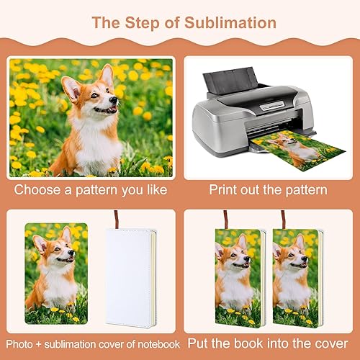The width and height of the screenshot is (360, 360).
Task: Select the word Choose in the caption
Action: pyautogui.click(x=40, y=191)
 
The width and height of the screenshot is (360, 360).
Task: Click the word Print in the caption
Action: pyautogui.click(x=223, y=191)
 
